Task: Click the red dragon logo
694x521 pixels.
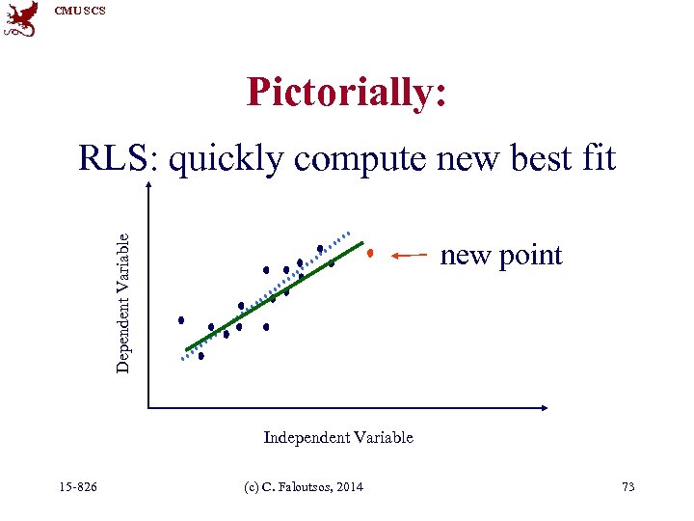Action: point(20,18)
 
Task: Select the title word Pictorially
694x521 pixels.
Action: point(346,93)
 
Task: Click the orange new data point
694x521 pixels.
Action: point(370,255)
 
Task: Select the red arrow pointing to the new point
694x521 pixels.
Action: point(411,256)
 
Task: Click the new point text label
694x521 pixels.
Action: point(500,255)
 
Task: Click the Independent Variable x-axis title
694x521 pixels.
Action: point(338,437)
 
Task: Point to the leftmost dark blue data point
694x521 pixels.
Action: point(180,320)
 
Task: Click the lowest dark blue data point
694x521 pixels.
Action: point(200,356)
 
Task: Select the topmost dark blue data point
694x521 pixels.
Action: point(320,249)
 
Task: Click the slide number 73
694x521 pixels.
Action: point(627,486)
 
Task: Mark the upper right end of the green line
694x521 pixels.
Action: point(361,241)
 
